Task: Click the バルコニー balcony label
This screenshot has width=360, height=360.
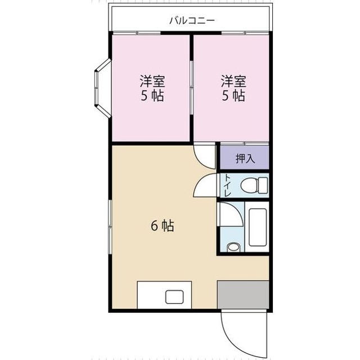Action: [192, 21]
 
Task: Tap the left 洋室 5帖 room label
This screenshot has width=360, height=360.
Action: [152, 88]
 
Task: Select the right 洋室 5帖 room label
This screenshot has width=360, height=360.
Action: [232, 88]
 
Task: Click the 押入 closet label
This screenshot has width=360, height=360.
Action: [245, 158]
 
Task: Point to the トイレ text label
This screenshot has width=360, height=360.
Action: [227, 186]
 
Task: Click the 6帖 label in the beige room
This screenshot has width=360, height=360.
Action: [162, 226]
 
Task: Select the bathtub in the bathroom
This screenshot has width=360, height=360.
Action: [258, 227]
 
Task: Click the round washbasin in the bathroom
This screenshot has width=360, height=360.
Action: [233, 246]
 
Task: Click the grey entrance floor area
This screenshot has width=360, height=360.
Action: [243, 295]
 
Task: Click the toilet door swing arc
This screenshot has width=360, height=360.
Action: [205, 187]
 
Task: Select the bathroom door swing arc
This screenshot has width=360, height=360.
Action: [229, 215]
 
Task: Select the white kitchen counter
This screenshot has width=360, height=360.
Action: [152, 295]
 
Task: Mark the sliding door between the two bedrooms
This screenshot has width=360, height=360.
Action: [191, 88]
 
